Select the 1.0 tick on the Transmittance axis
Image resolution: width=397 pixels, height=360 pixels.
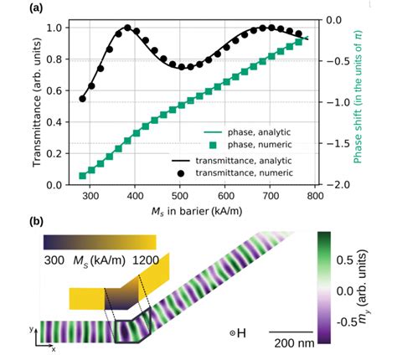pos(55,28)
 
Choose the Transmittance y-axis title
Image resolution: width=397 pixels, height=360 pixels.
pos(38,105)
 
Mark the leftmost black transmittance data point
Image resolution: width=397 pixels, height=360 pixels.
pos(82,99)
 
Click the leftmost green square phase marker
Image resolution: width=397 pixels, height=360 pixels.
pos(82,176)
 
